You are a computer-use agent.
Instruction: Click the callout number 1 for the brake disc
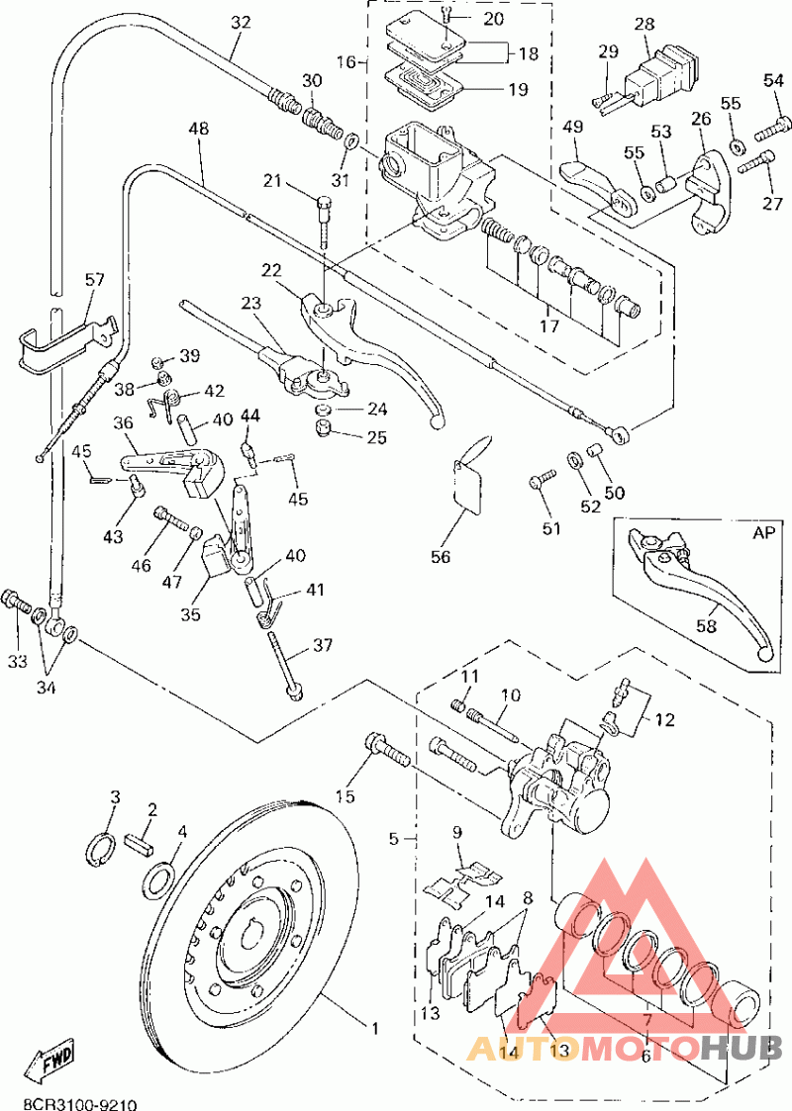click(374, 1028)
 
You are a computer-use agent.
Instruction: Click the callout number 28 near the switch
click(644, 23)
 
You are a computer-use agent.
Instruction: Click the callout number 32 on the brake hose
click(242, 23)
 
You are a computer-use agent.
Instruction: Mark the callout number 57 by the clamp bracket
click(94, 281)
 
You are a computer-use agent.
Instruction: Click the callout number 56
click(440, 557)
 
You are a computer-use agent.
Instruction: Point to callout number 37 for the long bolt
click(323, 645)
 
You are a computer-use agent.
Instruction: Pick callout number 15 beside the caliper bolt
click(344, 796)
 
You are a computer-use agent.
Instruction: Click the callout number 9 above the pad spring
click(456, 833)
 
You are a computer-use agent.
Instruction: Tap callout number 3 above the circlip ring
click(115, 797)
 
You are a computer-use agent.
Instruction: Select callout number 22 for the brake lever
click(272, 270)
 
